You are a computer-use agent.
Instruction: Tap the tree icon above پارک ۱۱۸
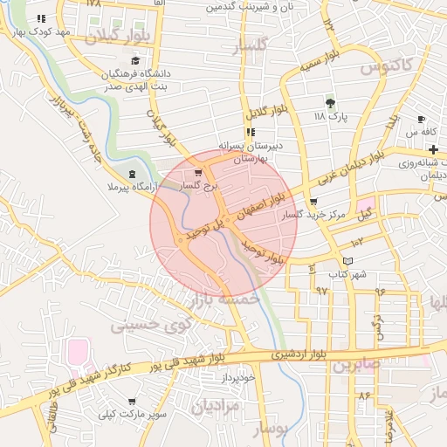click(x=329, y=103)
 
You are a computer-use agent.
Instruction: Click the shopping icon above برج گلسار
click(x=198, y=173)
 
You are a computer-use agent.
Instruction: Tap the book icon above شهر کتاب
click(x=347, y=260)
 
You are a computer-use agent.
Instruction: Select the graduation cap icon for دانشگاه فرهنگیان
click(x=134, y=60)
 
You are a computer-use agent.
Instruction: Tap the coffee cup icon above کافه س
click(x=422, y=119)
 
